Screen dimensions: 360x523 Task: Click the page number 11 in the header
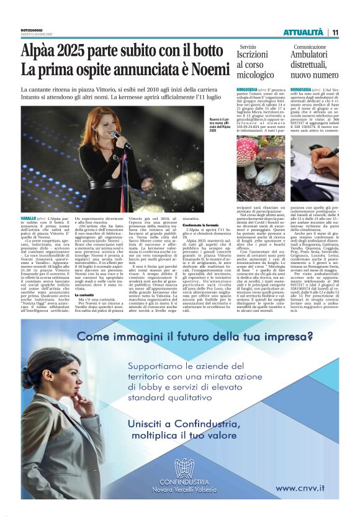(x=335, y=32)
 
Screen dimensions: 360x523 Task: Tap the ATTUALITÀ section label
(x=304, y=32)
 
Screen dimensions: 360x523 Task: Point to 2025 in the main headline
(x=76, y=50)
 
